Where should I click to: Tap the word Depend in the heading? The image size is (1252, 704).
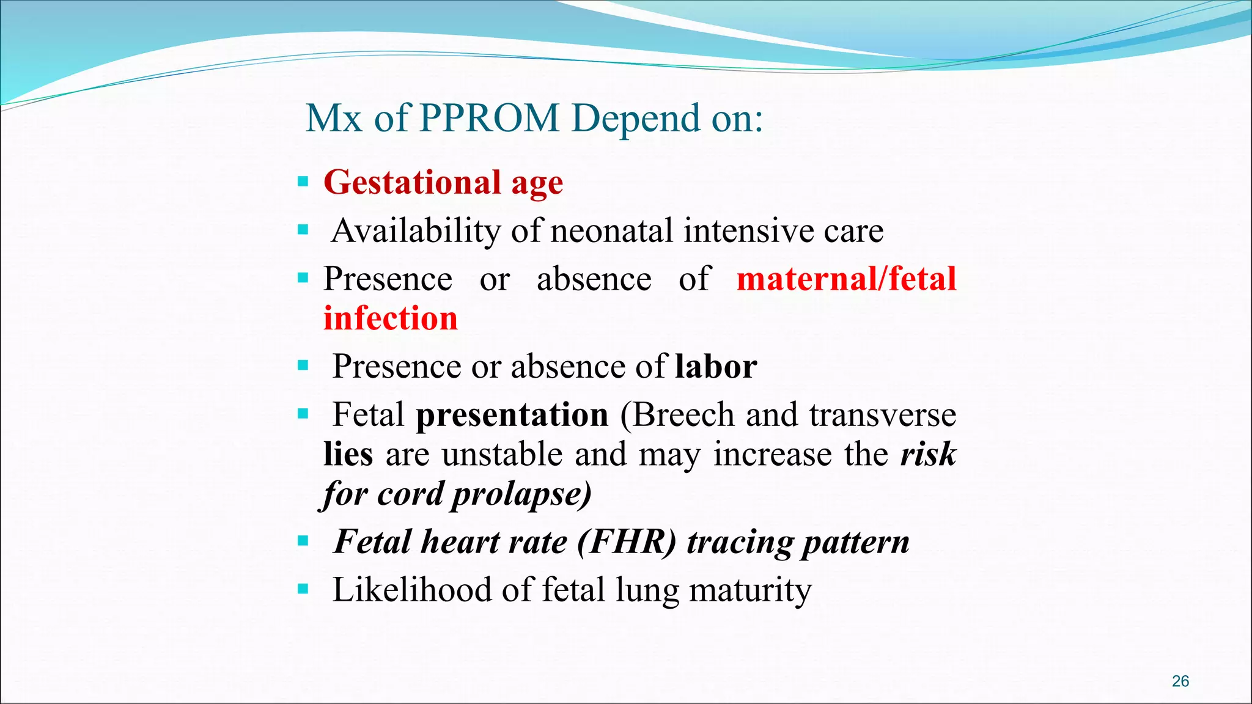pyautogui.click(x=636, y=119)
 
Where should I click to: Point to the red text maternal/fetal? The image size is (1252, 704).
pyautogui.click(x=846, y=279)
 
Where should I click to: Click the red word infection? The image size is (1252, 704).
pyautogui.click(x=390, y=319)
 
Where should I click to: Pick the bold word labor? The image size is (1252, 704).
pyautogui.click(x=716, y=367)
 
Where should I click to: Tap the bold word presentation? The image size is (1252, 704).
pyautogui.click(x=512, y=415)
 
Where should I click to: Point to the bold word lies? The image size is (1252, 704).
pyautogui.click(x=348, y=455)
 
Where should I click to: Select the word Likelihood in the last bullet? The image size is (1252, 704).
pyautogui.click(x=411, y=590)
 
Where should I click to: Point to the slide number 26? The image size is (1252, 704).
pyautogui.click(x=1180, y=681)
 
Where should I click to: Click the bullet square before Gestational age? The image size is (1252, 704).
pyautogui.click(x=303, y=182)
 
